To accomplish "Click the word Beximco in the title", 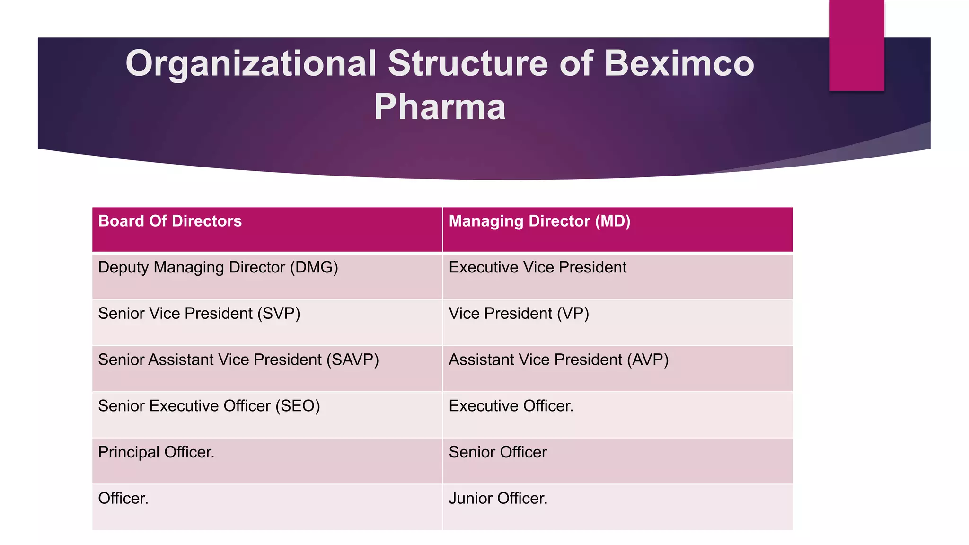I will pos(679,63).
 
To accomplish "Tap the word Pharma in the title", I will pos(440,107).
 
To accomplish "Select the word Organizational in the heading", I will pos(251,63).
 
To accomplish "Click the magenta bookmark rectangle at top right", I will pos(856,45).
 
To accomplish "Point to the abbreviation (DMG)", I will pos(314,268).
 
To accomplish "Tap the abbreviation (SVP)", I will pos(279,314).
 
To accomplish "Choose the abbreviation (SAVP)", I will pos(352,360).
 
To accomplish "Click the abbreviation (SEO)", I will pos(298,406).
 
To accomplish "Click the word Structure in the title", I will pos(467,63).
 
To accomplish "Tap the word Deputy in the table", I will pos(123,268).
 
